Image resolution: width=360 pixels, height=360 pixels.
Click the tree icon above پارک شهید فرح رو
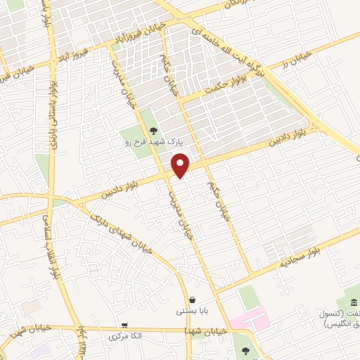pos(153,130)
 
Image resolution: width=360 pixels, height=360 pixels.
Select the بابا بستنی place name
pos(191,310)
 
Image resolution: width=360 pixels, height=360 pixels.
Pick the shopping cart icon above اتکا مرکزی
pos(125,326)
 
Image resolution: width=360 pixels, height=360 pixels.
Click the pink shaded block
pos(250,321)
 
